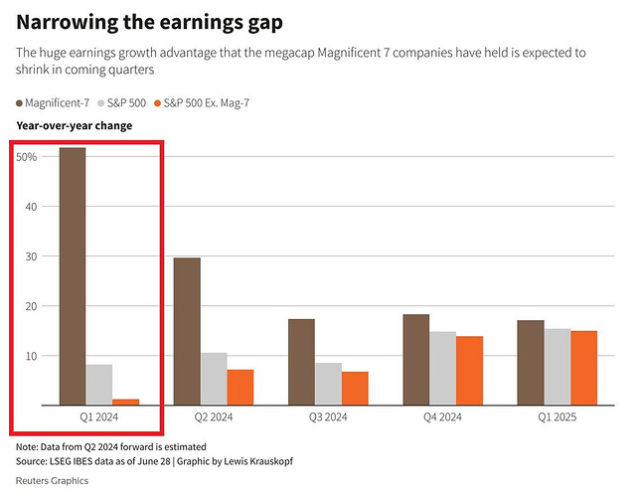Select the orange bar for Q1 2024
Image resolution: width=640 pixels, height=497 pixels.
click(127, 402)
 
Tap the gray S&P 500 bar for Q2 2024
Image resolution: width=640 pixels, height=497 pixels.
click(214, 379)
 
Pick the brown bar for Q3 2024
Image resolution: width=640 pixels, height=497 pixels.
click(301, 362)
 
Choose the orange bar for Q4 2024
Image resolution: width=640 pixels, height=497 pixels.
click(470, 371)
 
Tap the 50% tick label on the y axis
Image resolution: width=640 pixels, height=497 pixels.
click(27, 157)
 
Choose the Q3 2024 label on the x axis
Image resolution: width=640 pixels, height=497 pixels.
click(328, 418)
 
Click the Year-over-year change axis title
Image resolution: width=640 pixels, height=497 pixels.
click(75, 126)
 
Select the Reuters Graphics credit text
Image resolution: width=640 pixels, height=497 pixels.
click(53, 481)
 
